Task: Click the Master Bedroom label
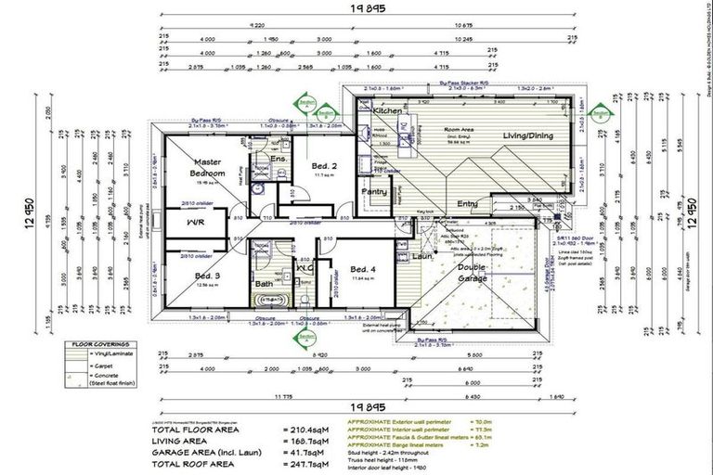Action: pyautogui.click(x=208, y=167)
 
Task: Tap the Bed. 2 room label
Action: pyautogui.click(x=323, y=165)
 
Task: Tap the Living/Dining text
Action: pyautogui.click(x=528, y=135)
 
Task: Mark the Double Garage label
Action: pyautogui.click(x=473, y=274)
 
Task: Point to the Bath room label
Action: pyautogui.click(x=264, y=284)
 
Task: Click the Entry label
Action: pyautogui.click(x=468, y=204)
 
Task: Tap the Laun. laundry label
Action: pyautogui.click(x=423, y=256)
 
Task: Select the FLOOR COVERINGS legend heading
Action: pyautogui.click(x=104, y=343)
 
